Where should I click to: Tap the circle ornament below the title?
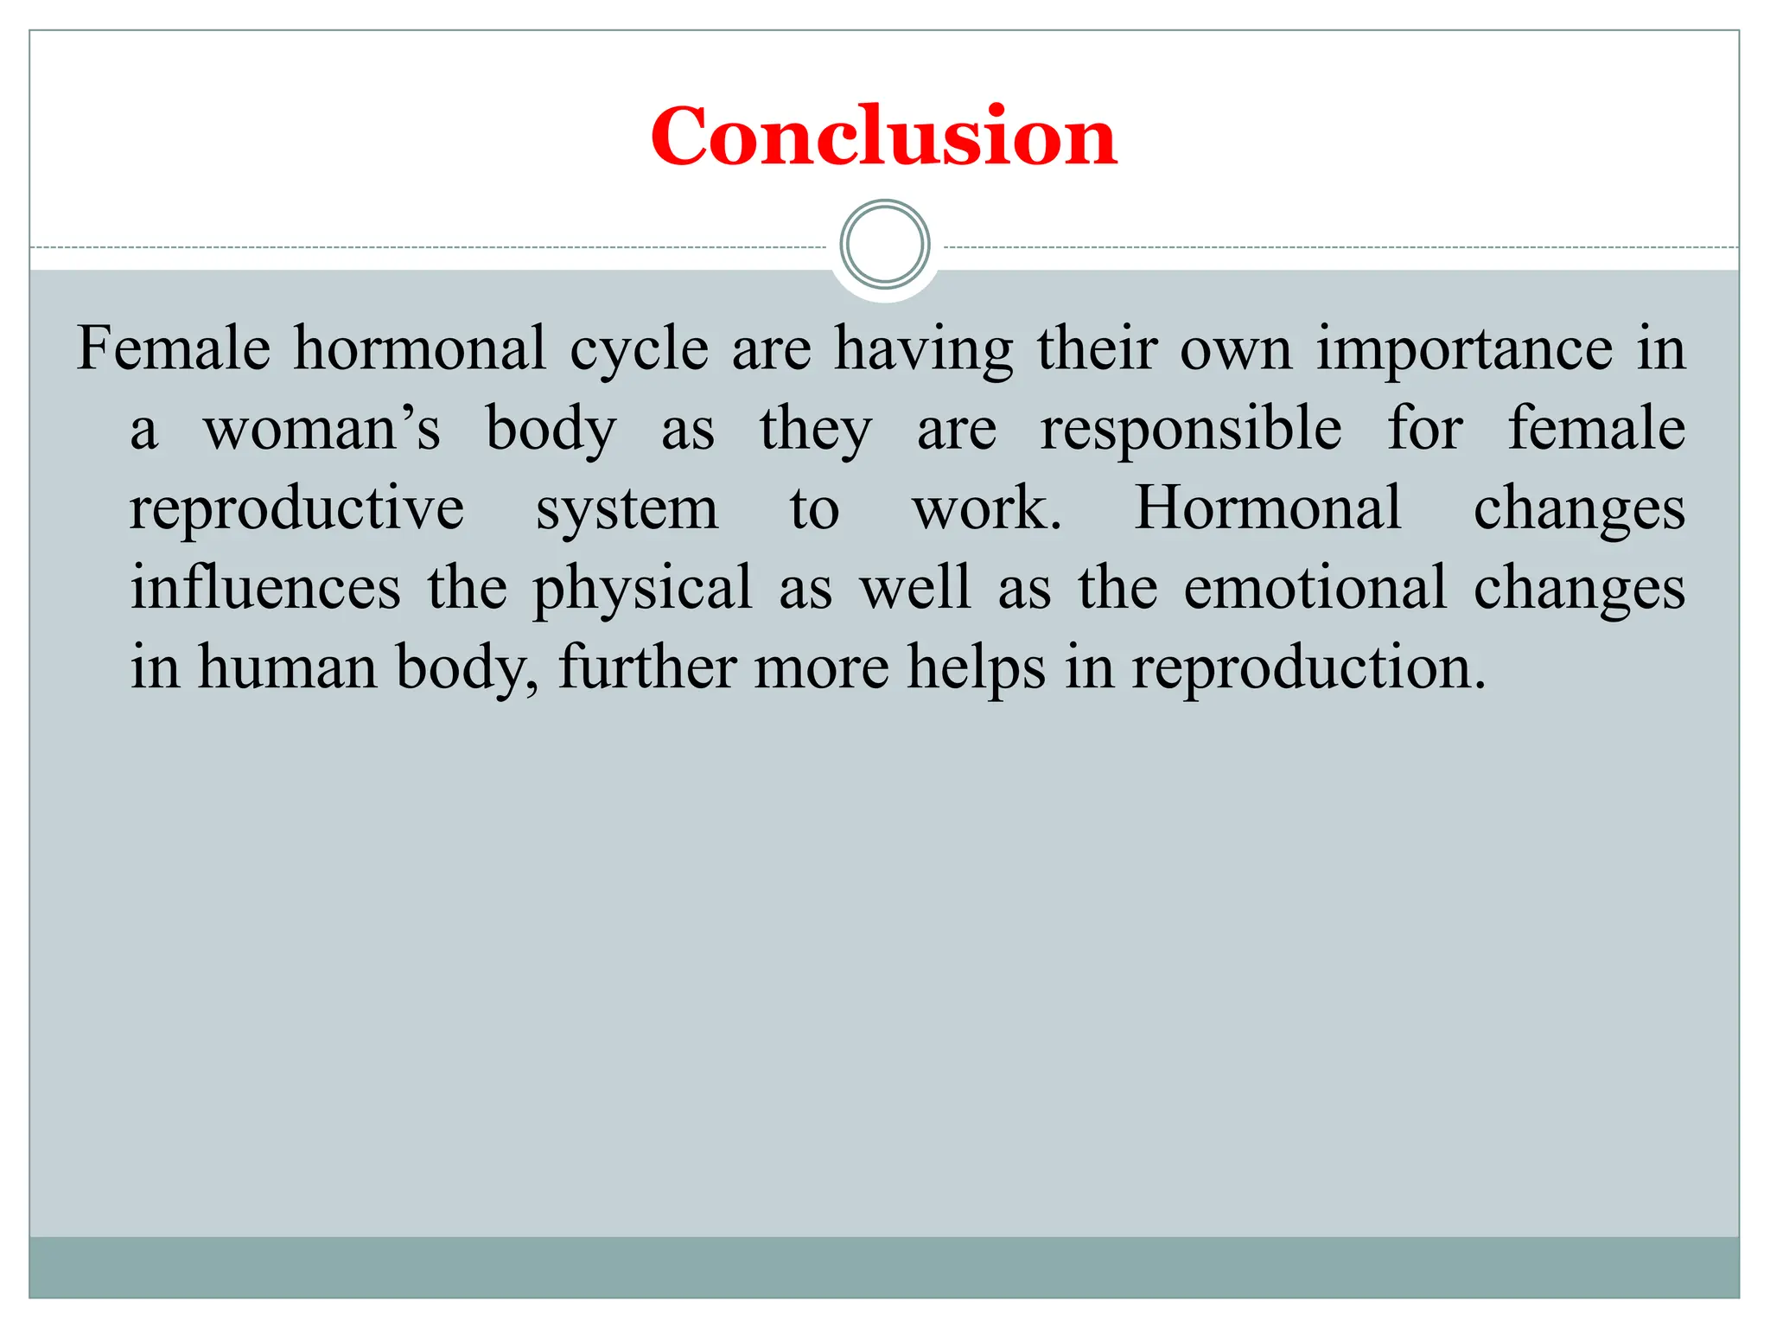coord(884,245)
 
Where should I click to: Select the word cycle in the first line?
coord(639,350)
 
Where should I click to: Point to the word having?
coord(923,350)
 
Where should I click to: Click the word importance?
coord(1464,350)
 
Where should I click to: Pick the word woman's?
coord(322,429)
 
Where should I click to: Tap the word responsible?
coord(1191,429)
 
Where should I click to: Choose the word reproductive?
coord(296,509)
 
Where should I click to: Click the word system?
coord(627,509)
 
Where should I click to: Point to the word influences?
coord(265,588)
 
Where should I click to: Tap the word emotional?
coord(1315,588)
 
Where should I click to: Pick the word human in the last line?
coord(288,667)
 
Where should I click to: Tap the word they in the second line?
coord(816,430)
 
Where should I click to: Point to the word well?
coord(915,588)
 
